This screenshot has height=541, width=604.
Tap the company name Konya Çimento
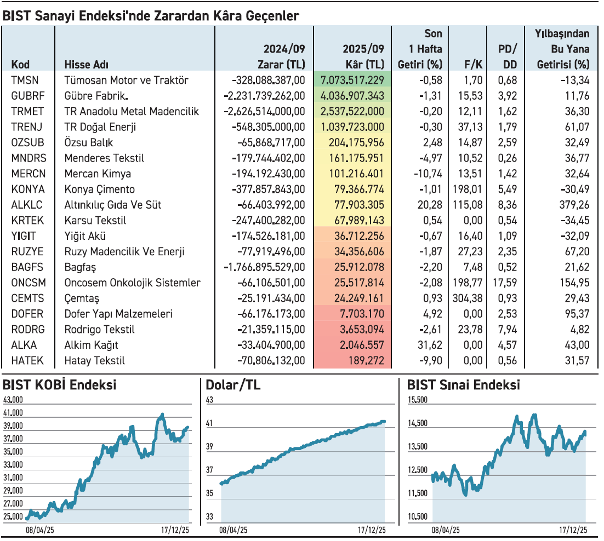coord(99,189)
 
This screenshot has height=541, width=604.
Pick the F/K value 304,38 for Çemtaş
coord(468,299)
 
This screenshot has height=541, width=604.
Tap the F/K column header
coord(472,65)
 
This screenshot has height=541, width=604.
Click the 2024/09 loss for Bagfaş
coord(264,268)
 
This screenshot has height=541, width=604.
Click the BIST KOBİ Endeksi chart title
coord(59,385)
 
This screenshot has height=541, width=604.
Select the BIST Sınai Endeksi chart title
coord(464,385)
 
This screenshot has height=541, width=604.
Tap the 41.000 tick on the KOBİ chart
coord(13,413)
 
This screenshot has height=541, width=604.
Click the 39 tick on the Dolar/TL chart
coord(209,446)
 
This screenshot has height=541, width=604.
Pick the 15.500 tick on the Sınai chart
coord(418,400)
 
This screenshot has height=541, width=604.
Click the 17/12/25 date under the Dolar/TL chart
coord(372,530)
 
